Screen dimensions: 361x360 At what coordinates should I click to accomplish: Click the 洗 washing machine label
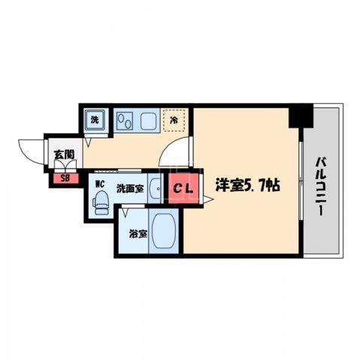coord(95,119)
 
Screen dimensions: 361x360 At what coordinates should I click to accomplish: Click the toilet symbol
coord(101,200)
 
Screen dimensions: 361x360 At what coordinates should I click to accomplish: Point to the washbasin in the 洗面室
coord(153,189)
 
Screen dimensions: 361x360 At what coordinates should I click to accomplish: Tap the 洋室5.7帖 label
coord(248,185)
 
